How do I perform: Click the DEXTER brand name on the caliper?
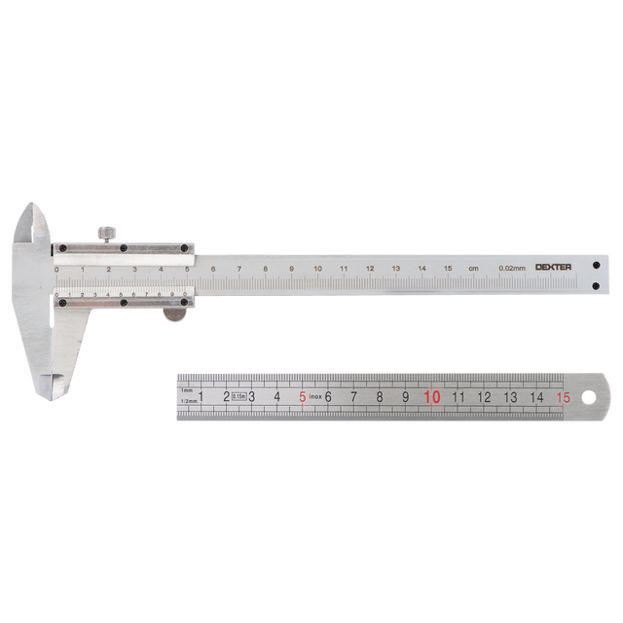(553, 267)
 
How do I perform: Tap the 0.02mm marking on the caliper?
(511, 268)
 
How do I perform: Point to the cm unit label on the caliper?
(473, 268)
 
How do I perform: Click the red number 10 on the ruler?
(431, 396)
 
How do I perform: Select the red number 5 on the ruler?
(303, 396)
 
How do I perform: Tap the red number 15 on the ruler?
(563, 396)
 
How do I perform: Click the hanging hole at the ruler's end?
(588, 396)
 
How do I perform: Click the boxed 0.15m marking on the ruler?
(239, 396)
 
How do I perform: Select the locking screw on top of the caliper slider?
(107, 234)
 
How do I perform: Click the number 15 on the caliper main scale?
(448, 268)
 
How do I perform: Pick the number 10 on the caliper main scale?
(317, 268)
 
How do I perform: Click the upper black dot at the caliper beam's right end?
(596, 264)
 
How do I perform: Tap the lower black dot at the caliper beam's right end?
(596, 285)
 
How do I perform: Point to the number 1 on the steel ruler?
(202, 396)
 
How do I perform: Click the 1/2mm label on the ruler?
(189, 400)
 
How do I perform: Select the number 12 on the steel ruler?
(484, 396)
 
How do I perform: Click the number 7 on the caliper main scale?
(239, 268)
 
